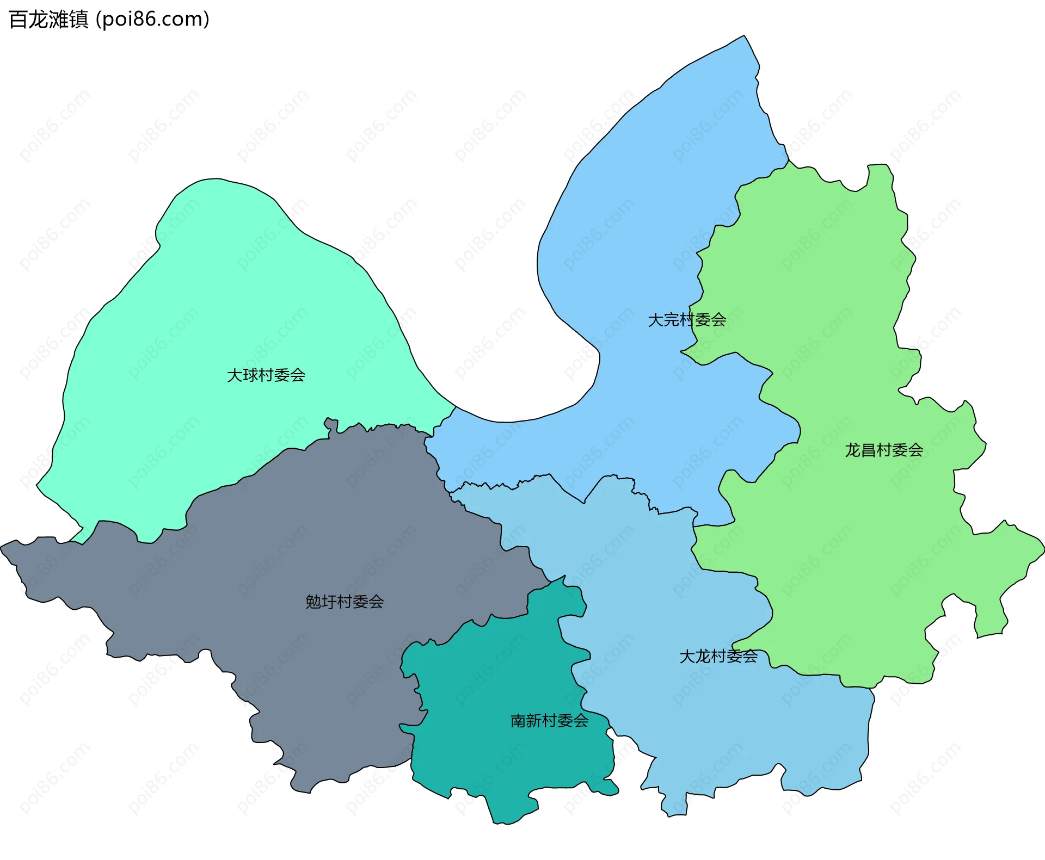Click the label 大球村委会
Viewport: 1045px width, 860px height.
click(x=266, y=375)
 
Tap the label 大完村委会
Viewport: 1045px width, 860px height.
click(x=687, y=320)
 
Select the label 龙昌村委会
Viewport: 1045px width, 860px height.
click(x=884, y=450)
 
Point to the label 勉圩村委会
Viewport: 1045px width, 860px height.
click(x=345, y=602)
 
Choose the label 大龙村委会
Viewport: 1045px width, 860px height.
click(x=718, y=657)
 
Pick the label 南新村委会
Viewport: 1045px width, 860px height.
click(x=549, y=721)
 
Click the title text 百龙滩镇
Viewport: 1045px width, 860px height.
click(x=48, y=20)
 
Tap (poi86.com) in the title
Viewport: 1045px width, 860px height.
click(x=152, y=20)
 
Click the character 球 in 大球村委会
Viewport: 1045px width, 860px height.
click(x=250, y=375)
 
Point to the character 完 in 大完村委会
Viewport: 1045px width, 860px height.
click(x=671, y=320)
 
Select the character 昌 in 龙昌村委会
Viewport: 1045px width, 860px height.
click(x=869, y=450)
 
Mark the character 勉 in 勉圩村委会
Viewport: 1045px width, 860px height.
click(x=313, y=602)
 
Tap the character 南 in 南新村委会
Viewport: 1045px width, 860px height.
click(x=518, y=721)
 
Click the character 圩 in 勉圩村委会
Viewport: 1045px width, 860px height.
click(x=329, y=602)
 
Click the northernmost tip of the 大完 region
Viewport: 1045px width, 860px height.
click(x=744, y=36)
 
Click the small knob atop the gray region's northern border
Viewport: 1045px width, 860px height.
click(x=330, y=422)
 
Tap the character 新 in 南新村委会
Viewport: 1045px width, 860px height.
click(x=534, y=721)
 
